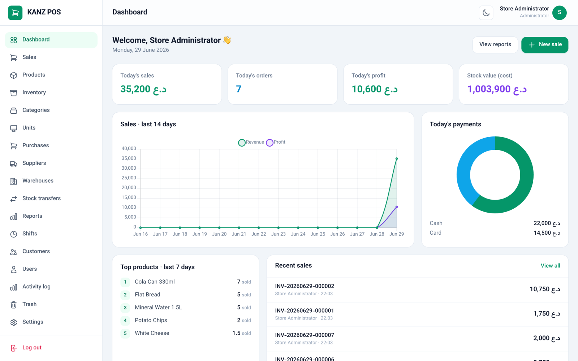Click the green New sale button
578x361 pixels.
[545, 45]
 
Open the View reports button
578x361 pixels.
[495, 45]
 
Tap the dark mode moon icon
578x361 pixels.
[486, 13]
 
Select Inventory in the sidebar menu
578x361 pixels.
[34, 92]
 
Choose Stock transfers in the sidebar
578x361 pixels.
[42, 198]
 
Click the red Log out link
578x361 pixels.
[32, 348]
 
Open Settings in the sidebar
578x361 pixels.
[33, 322]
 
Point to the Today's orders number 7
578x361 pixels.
[239, 89]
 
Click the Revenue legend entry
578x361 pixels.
[251, 142]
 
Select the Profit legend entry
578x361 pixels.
[276, 142]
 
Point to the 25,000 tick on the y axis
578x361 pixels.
[129, 178]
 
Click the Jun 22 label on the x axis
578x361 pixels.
[259, 234]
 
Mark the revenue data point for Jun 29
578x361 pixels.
[397, 159]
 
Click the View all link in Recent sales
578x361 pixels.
[551, 266]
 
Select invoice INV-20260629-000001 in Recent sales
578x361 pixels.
[305, 311]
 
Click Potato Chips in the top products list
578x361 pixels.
[151, 320]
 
